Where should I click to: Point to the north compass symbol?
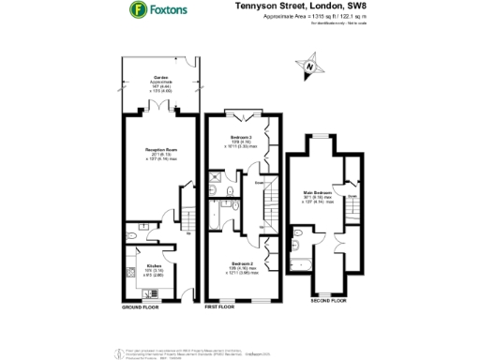tap(310, 67)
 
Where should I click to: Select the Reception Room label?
tap(157, 154)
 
